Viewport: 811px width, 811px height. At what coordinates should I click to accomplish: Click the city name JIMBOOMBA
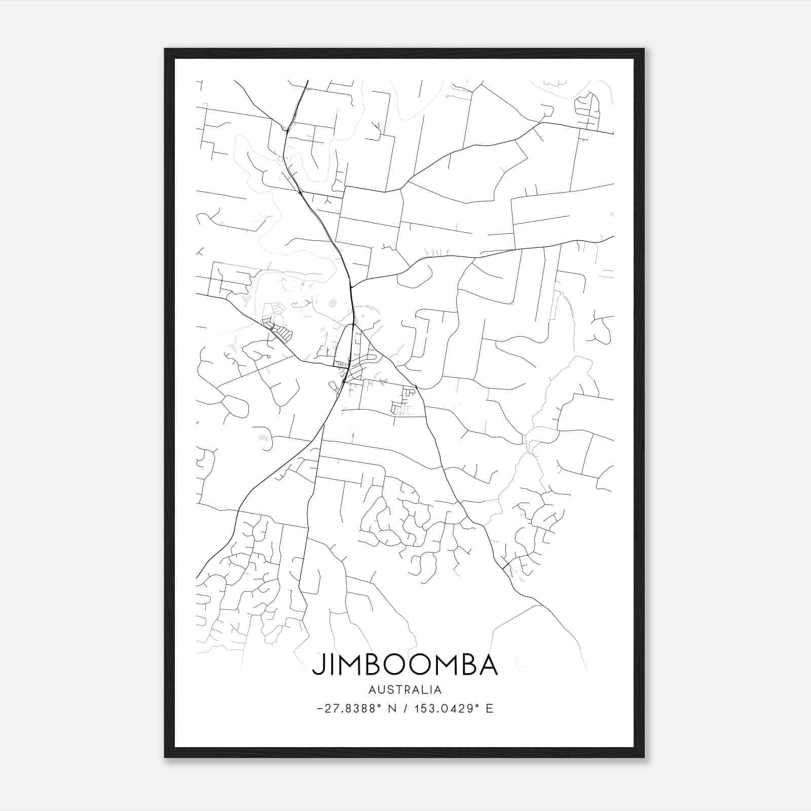coord(404,665)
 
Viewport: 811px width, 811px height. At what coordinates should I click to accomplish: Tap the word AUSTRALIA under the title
coord(404,690)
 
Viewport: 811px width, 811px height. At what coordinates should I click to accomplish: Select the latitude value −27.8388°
coord(349,709)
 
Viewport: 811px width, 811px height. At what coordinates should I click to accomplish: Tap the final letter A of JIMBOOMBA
coord(489,665)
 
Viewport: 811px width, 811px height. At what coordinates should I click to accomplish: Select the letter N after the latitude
coord(392,709)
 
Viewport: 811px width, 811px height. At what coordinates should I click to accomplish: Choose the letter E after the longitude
coord(490,709)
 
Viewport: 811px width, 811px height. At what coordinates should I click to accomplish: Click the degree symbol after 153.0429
coord(477,706)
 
